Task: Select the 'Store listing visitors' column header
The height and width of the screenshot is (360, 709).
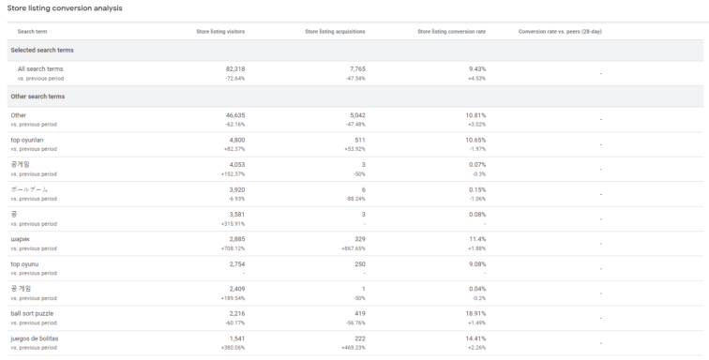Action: (x=220, y=31)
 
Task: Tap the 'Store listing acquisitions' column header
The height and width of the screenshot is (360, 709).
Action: (x=335, y=31)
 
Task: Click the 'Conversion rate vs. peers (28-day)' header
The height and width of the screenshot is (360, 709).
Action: (x=560, y=31)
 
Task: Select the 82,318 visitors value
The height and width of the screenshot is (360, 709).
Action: (x=234, y=68)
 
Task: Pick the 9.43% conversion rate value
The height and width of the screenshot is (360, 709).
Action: (x=477, y=68)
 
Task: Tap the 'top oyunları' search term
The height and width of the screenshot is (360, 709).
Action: (x=27, y=140)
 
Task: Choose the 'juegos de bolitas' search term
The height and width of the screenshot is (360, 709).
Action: (x=36, y=337)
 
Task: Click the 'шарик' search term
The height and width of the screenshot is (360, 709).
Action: (x=21, y=238)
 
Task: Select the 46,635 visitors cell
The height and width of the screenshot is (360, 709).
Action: (x=234, y=115)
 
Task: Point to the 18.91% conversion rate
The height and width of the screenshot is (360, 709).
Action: (x=476, y=312)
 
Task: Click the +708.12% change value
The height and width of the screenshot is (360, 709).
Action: (x=232, y=248)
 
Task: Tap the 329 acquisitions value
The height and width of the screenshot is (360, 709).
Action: (x=360, y=238)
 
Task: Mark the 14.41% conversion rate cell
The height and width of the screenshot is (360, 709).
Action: (x=476, y=337)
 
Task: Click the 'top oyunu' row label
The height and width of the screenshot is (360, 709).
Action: (x=23, y=263)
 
